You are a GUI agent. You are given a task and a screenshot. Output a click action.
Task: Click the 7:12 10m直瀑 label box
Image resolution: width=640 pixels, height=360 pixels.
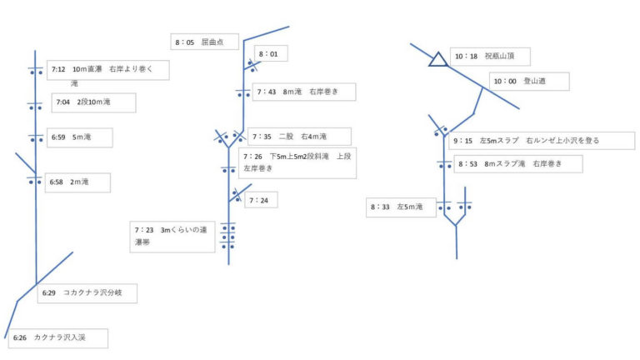(x=107, y=69)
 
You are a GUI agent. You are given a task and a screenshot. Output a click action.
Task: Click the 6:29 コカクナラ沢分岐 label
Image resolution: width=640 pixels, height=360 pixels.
(x=87, y=293)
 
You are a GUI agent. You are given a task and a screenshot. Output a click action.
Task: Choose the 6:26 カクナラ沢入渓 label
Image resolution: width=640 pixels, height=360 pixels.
(x=57, y=338)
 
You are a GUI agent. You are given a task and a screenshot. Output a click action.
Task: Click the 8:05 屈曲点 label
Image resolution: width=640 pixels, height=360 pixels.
(x=205, y=41)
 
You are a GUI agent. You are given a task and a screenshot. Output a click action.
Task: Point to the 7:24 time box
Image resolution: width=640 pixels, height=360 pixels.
(x=260, y=200)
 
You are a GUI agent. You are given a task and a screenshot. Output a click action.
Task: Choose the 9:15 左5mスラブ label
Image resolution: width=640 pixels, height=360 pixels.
(x=525, y=141)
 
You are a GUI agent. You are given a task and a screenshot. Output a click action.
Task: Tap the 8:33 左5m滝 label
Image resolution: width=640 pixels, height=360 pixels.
(x=402, y=206)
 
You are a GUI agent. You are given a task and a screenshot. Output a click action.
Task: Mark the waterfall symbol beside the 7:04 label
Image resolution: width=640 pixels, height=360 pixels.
(x=35, y=107)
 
